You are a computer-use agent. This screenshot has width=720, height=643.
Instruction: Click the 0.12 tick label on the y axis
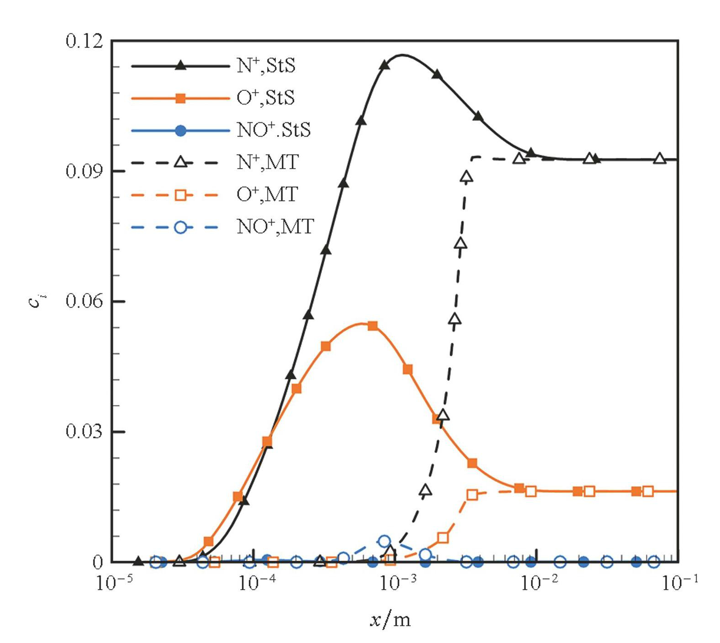(84, 41)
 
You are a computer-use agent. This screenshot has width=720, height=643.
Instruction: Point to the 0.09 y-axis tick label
(84, 171)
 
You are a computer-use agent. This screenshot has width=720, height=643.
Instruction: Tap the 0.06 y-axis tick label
(84, 301)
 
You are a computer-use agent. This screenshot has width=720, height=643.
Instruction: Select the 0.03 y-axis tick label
(84, 432)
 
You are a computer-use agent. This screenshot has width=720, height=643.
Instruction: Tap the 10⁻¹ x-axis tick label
(679, 582)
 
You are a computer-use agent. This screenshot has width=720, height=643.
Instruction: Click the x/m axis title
(390, 620)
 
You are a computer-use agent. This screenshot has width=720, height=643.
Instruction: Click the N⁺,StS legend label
(266, 66)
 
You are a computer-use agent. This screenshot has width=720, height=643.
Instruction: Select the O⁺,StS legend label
(266, 98)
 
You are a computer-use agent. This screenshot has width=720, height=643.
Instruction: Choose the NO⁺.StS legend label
(273, 130)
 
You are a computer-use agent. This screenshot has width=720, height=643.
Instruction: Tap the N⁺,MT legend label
(268, 162)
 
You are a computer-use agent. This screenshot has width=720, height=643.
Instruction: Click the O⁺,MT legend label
(267, 195)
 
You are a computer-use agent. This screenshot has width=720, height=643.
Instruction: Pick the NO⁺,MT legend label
(275, 227)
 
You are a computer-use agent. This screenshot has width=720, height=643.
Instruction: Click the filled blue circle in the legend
(181, 131)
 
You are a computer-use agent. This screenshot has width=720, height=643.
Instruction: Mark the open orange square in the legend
(181, 195)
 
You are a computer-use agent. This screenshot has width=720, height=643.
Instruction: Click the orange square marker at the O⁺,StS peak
(373, 326)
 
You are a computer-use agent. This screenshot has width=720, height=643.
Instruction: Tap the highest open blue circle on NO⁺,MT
(385, 541)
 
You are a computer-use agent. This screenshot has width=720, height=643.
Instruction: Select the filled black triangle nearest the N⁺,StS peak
(385, 65)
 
